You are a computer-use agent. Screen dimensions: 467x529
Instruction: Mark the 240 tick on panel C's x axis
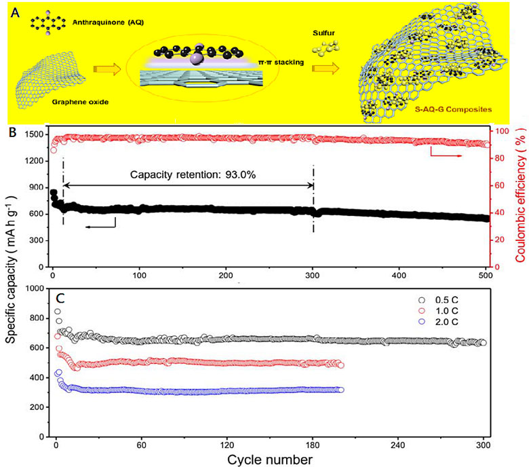[x=397, y=445]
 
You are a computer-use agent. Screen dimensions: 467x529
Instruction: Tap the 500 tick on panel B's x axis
[x=486, y=257]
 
